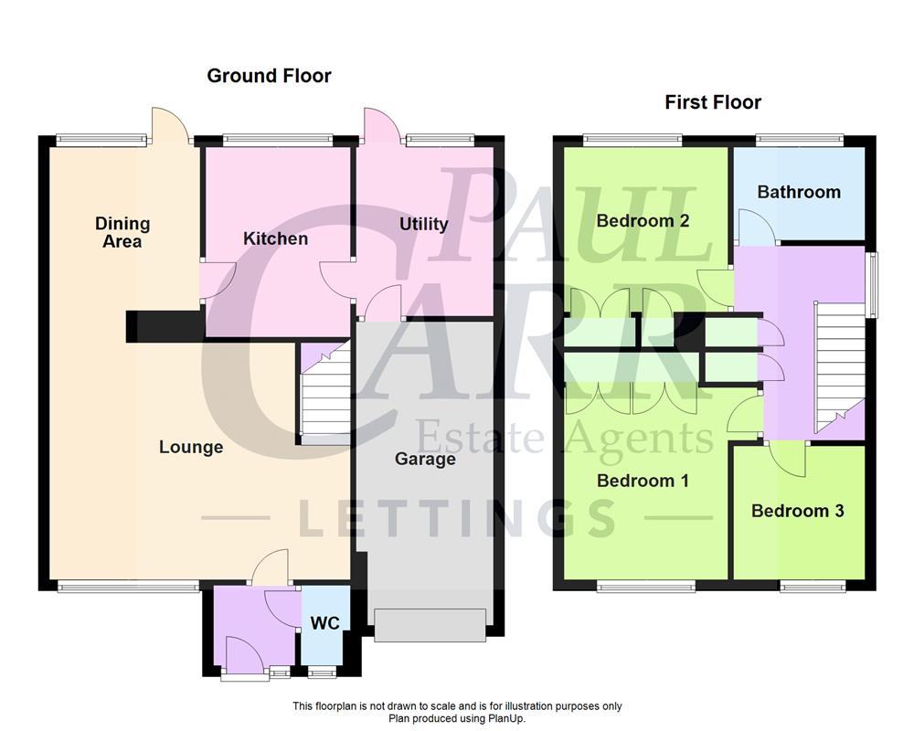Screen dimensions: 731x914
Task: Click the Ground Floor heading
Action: click(269, 76)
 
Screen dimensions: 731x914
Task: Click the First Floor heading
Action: click(712, 102)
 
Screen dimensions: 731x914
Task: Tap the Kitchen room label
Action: click(275, 238)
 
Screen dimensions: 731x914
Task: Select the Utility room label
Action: click(423, 224)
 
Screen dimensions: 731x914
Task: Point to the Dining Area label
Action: click(122, 232)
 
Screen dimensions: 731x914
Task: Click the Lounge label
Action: click(190, 447)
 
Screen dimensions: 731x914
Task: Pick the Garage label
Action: click(425, 459)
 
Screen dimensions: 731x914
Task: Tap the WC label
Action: click(324, 623)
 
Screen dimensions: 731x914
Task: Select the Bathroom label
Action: click(798, 192)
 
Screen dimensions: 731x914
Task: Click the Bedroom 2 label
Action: click(642, 220)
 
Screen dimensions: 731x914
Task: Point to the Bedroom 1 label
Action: click(642, 481)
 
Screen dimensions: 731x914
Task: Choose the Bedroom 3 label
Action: click(797, 511)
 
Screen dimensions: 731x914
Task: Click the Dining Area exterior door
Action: click(170, 126)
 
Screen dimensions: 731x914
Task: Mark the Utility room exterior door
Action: click(377, 126)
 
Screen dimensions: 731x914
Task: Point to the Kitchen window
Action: click(277, 141)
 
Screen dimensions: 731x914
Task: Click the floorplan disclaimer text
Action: click(457, 712)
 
